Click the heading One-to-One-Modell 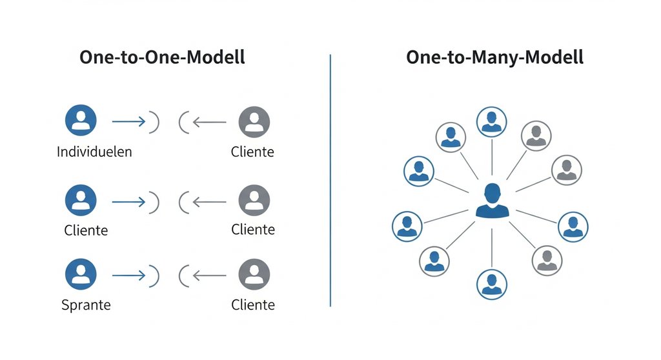point(162,57)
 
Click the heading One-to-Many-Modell point(494,57)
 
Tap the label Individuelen point(94,152)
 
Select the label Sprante point(86,305)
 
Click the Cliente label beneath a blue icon point(86,229)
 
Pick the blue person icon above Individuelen point(81,121)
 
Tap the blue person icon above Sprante point(81,274)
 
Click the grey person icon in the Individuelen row point(254,121)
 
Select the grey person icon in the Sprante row point(254,274)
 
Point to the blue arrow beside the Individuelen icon point(128,121)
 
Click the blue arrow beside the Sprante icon point(128,275)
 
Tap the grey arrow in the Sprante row point(209,275)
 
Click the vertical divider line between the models point(330,181)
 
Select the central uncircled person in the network point(492,200)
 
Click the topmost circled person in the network point(492,122)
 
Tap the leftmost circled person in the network point(407,226)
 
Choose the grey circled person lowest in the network point(547,261)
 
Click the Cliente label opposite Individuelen point(252,152)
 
